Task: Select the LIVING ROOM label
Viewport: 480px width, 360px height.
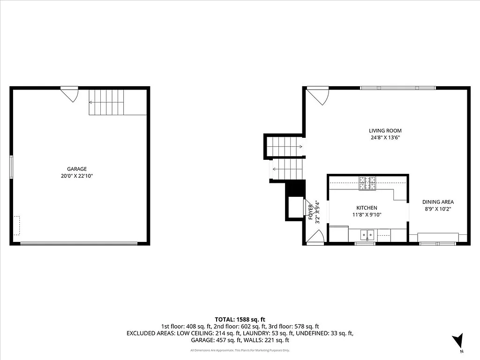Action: [x=385, y=131]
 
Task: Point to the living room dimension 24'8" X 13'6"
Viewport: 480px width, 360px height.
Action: [x=385, y=138]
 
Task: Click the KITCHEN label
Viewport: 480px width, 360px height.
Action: [x=367, y=208]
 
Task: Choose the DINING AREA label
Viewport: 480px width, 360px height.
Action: [x=438, y=202]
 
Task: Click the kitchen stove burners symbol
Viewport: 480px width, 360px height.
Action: [x=367, y=183]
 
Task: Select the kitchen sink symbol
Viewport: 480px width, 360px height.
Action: [x=367, y=234]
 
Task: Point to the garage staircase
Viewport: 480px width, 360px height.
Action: [x=107, y=102]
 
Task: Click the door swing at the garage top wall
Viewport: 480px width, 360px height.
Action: [x=70, y=94]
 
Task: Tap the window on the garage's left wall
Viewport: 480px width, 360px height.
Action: [x=12, y=167]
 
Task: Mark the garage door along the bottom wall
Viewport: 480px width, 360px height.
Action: [x=79, y=243]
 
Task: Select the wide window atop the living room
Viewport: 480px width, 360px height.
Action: [x=397, y=88]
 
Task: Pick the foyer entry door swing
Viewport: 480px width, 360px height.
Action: [x=315, y=238]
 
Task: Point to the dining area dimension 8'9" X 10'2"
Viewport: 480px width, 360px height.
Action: [x=438, y=210]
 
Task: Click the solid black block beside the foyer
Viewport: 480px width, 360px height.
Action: [x=296, y=188]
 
